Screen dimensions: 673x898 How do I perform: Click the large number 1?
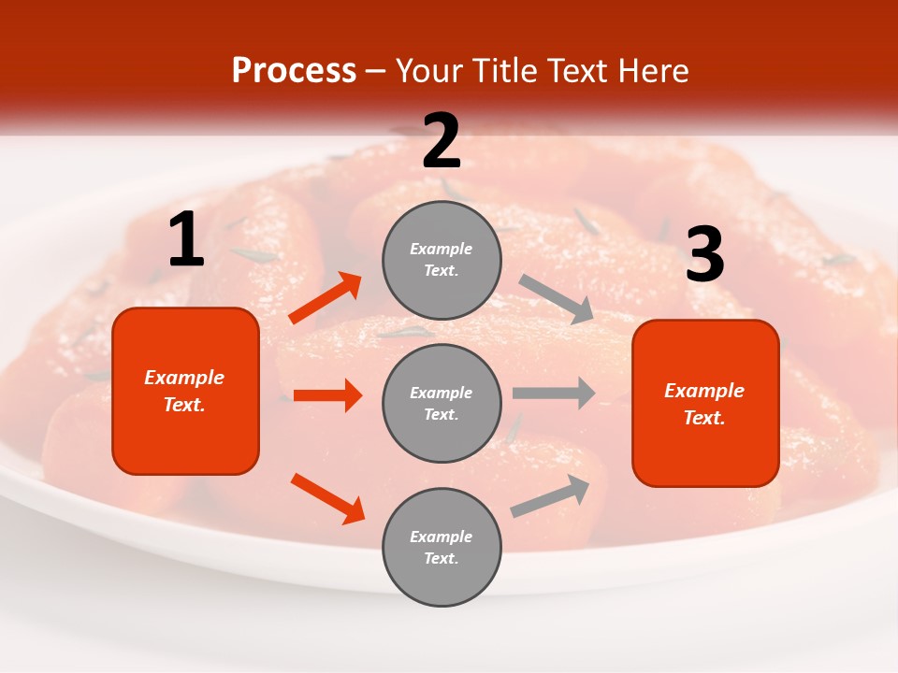[x=186, y=240]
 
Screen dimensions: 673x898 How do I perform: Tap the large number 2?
[x=442, y=141]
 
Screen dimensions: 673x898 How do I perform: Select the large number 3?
[x=704, y=255]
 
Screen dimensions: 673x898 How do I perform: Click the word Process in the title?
[x=294, y=70]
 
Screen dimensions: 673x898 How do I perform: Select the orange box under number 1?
[x=185, y=391]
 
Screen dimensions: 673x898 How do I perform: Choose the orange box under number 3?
[x=705, y=403]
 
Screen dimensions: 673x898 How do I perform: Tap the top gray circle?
[x=442, y=259]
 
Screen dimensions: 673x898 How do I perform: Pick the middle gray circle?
[x=442, y=403]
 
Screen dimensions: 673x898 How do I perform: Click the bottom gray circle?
[x=442, y=547]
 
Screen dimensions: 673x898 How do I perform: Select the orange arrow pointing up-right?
[x=326, y=298]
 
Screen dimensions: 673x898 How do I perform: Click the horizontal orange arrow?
[x=327, y=395]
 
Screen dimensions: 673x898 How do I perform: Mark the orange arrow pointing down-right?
[x=327, y=498]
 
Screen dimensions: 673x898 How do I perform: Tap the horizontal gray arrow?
[x=554, y=393]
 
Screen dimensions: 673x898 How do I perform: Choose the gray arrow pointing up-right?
[x=551, y=496]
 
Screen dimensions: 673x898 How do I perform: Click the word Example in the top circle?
[x=442, y=249]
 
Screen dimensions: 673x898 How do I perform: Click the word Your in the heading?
[x=425, y=70]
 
